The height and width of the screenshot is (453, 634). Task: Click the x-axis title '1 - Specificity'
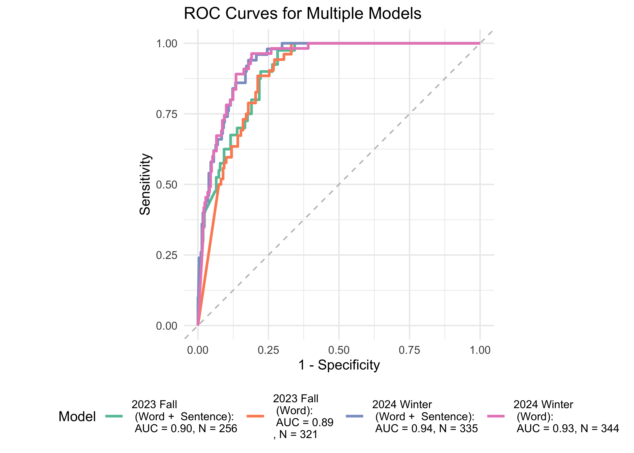pos(339,365)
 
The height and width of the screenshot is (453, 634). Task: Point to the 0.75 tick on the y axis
pos(167,114)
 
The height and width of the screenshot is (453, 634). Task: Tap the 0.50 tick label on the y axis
pos(167,185)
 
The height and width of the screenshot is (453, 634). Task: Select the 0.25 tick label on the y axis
pos(167,255)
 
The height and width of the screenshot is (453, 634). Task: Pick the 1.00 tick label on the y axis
pos(167,43)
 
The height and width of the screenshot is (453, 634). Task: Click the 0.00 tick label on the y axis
pos(167,326)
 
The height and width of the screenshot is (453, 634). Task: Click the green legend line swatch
pos(114,416)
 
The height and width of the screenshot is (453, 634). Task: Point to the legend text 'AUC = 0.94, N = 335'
pos(426,428)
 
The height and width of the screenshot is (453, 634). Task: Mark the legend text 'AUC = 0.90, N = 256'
pos(186,428)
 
